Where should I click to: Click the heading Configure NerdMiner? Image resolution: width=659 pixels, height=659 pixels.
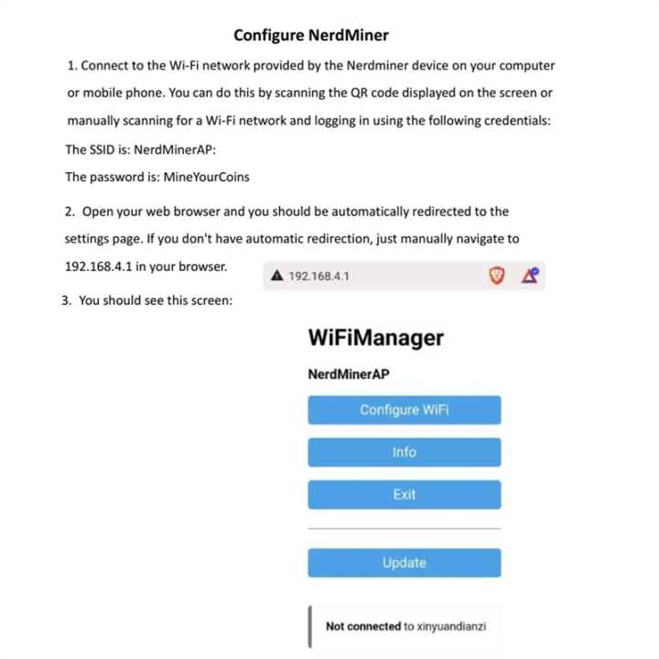pyautogui.click(x=310, y=36)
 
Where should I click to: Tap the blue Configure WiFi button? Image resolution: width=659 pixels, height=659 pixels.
pyautogui.click(x=404, y=409)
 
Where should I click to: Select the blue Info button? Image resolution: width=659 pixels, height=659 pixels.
pyautogui.click(x=404, y=452)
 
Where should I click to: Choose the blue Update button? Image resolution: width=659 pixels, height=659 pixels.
pyautogui.click(x=404, y=563)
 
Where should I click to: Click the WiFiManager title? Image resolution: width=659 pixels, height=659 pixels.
pyautogui.click(x=375, y=338)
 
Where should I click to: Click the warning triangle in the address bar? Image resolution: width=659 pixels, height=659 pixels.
pyautogui.click(x=276, y=275)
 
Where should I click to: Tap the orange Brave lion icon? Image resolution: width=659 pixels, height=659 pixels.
pyautogui.click(x=498, y=275)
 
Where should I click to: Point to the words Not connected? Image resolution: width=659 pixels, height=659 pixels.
pyautogui.click(x=362, y=627)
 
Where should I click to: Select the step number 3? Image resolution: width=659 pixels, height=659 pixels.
pyautogui.click(x=66, y=299)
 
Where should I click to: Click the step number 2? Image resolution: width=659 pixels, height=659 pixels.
pyautogui.click(x=70, y=211)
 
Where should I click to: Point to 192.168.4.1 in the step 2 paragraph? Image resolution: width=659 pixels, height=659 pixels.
pyautogui.click(x=100, y=266)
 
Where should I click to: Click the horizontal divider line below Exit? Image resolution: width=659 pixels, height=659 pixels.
pyautogui.click(x=404, y=529)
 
